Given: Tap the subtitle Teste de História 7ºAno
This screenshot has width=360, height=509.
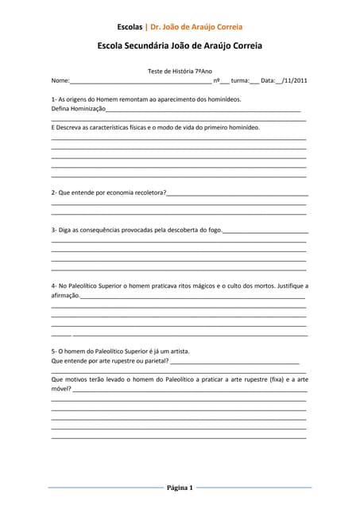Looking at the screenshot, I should coord(180,71).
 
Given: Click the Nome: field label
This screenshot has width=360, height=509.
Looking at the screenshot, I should coord(60,80).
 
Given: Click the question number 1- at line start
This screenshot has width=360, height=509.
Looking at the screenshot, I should coord(55,99).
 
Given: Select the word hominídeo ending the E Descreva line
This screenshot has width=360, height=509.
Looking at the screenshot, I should coord(243,127).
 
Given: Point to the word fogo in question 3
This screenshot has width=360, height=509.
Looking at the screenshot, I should coord(215,230).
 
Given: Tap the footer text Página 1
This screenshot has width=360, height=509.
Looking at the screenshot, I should coord(180,487).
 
